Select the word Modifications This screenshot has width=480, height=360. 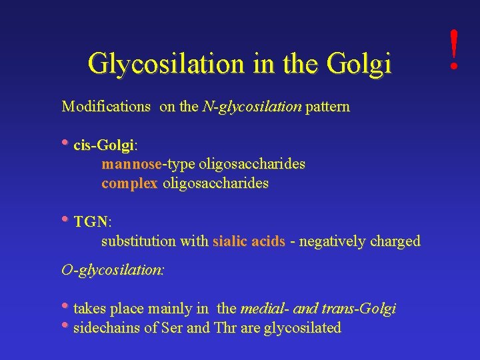(x=106, y=106)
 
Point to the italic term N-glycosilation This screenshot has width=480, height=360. (x=251, y=106)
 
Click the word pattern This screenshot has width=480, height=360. (x=327, y=106)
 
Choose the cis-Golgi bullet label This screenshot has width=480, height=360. (x=104, y=145)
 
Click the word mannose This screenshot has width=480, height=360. (x=131, y=164)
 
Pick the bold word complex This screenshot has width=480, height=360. (x=129, y=183)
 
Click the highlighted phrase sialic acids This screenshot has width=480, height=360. (x=249, y=241)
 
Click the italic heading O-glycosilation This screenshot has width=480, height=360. (x=113, y=270)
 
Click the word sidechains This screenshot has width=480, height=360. (x=106, y=328)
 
